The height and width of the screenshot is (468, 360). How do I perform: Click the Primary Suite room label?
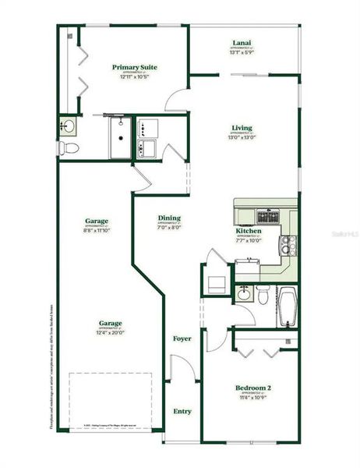point(135,68)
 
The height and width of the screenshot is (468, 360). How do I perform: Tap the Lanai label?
point(241,43)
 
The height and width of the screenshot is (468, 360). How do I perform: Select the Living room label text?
point(242,128)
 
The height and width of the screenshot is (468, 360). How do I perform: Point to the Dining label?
point(169,218)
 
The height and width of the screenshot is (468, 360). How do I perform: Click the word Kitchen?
point(249,231)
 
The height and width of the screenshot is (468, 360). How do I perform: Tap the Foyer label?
point(182,339)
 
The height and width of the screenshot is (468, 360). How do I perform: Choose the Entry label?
point(182,411)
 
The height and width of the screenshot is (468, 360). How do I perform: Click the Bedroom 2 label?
point(253,388)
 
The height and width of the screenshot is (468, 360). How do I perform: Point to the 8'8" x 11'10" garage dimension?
point(97,230)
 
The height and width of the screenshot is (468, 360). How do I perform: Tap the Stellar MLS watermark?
point(343,233)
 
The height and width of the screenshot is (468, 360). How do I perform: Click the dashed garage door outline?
point(110,399)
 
